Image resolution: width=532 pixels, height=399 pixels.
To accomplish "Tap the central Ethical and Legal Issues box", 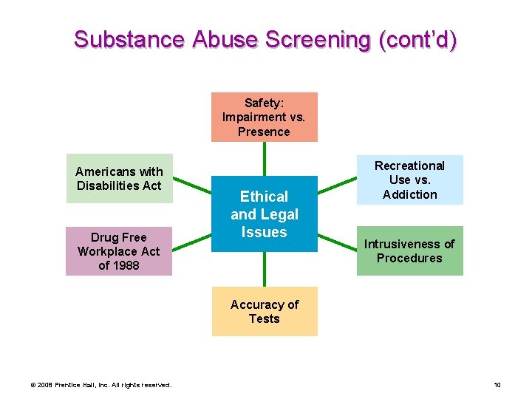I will (264, 214).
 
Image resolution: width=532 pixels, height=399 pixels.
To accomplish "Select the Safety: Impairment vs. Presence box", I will (264, 117).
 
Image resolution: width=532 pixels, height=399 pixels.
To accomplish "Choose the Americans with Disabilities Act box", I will (119, 178).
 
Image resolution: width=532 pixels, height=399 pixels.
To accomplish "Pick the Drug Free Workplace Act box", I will (118, 251).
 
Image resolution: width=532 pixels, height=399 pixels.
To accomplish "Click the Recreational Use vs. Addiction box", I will (409, 180).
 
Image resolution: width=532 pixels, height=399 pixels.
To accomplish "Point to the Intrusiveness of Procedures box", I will (409, 250).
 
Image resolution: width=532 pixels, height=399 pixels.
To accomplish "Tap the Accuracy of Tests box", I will (264, 311).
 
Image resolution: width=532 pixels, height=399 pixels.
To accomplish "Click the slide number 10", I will (497, 384).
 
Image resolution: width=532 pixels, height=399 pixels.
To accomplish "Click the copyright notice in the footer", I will (100, 384).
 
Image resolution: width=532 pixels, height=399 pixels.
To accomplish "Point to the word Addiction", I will (409, 194).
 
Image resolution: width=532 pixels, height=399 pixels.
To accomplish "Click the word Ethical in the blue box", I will (264, 197).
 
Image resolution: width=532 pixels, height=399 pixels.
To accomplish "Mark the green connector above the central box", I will (264, 158).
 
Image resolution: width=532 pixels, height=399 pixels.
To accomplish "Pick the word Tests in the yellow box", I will (264, 318).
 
